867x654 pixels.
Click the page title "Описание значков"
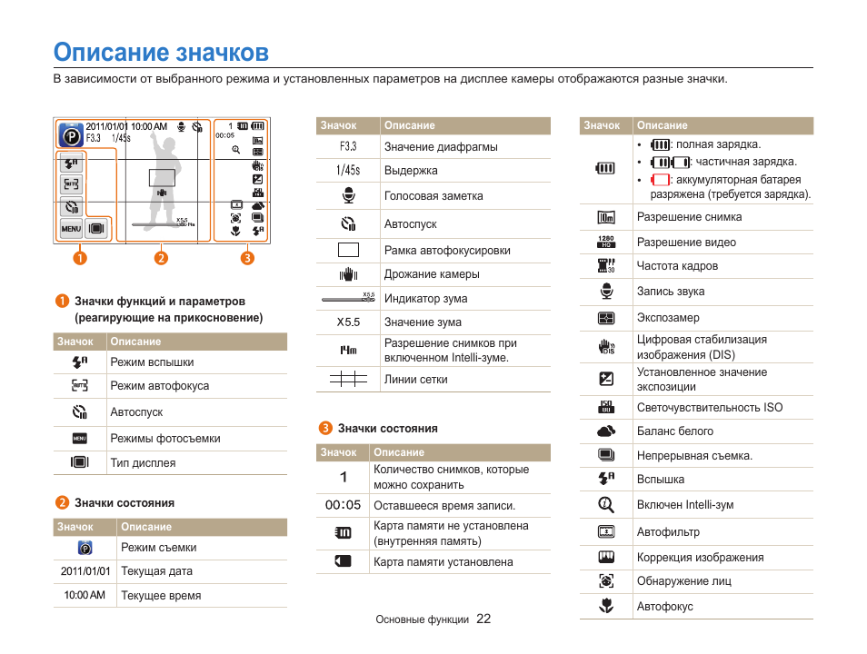[161, 51]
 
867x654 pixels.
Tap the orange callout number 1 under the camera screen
[81, 257]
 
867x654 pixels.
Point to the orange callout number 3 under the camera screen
[247, 257]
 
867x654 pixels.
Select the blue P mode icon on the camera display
[70, 135]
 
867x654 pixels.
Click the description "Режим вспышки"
[152, 362]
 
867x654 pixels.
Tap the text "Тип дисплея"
[143, 463]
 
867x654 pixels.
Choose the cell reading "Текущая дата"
[156, 572]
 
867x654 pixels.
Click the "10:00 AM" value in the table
[85, 596]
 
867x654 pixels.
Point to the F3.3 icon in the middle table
[348, 146]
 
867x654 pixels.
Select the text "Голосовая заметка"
[433, 196]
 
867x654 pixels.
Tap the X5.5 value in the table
[348, 322]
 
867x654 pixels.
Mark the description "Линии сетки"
[415, 380]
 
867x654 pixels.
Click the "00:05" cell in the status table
[343, 506]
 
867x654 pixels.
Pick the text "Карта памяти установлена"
[443, 562]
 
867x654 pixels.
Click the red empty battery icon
[660, 180]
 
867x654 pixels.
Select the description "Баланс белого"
[674, 431]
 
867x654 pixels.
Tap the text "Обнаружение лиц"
[683, 581]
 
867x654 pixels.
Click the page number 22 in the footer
[483, 619]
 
